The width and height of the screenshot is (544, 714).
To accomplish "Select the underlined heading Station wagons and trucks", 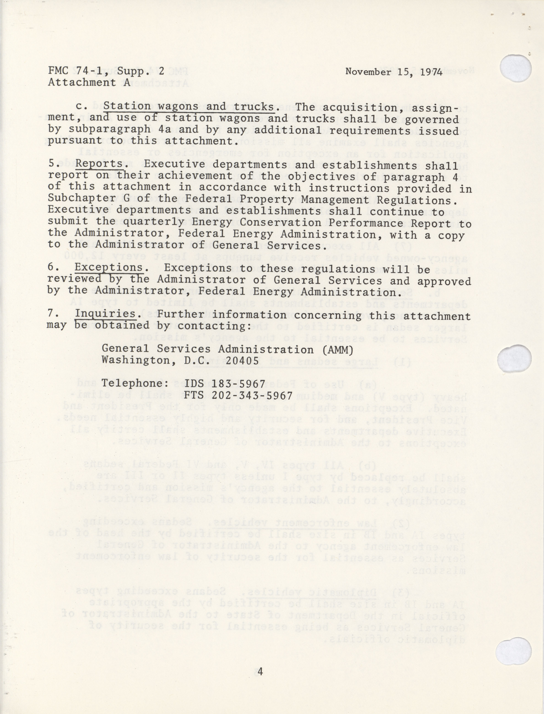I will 189,106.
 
